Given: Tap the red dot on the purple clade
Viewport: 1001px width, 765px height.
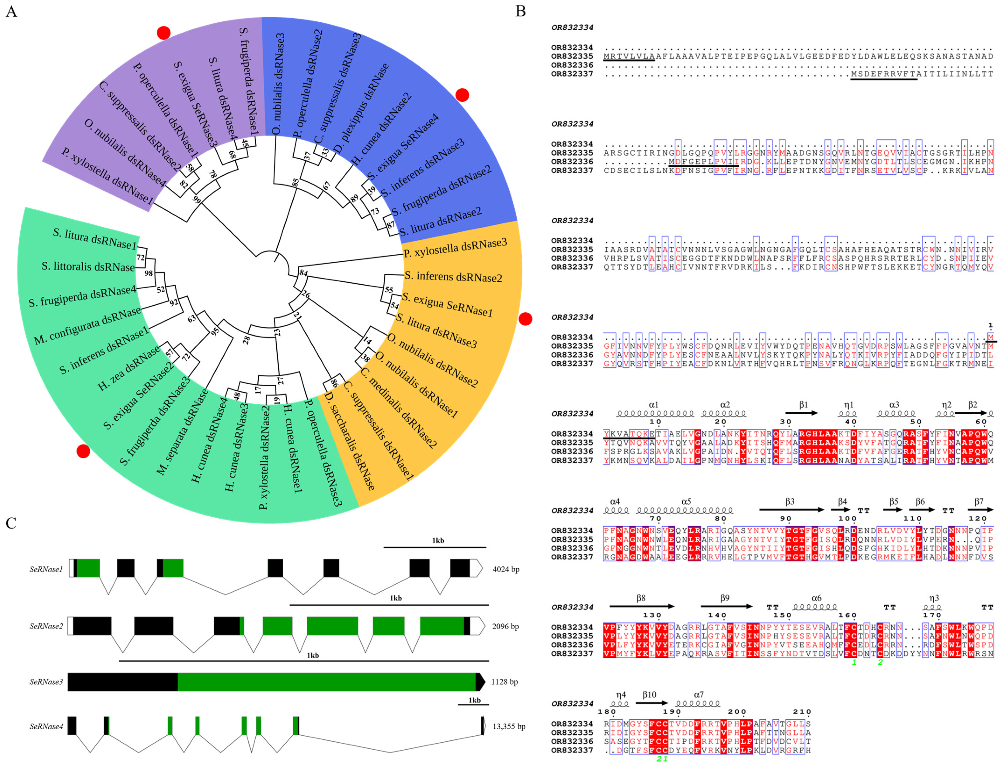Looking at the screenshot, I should tap(164, 33).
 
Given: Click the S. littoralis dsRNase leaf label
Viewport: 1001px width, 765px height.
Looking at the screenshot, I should tap(88, 266).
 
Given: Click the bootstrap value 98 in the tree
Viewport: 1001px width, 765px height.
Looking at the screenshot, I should tap(149, 273).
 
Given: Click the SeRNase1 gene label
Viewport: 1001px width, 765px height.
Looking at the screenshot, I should tap(46, 569).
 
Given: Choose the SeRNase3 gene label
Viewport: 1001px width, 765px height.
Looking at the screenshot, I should tap(46, 682).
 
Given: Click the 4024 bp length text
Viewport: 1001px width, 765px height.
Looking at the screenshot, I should tap(505, 569).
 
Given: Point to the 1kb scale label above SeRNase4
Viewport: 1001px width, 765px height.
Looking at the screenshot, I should tap(474, 700).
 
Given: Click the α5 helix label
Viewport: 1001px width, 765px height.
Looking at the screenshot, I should tap(686, 501).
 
